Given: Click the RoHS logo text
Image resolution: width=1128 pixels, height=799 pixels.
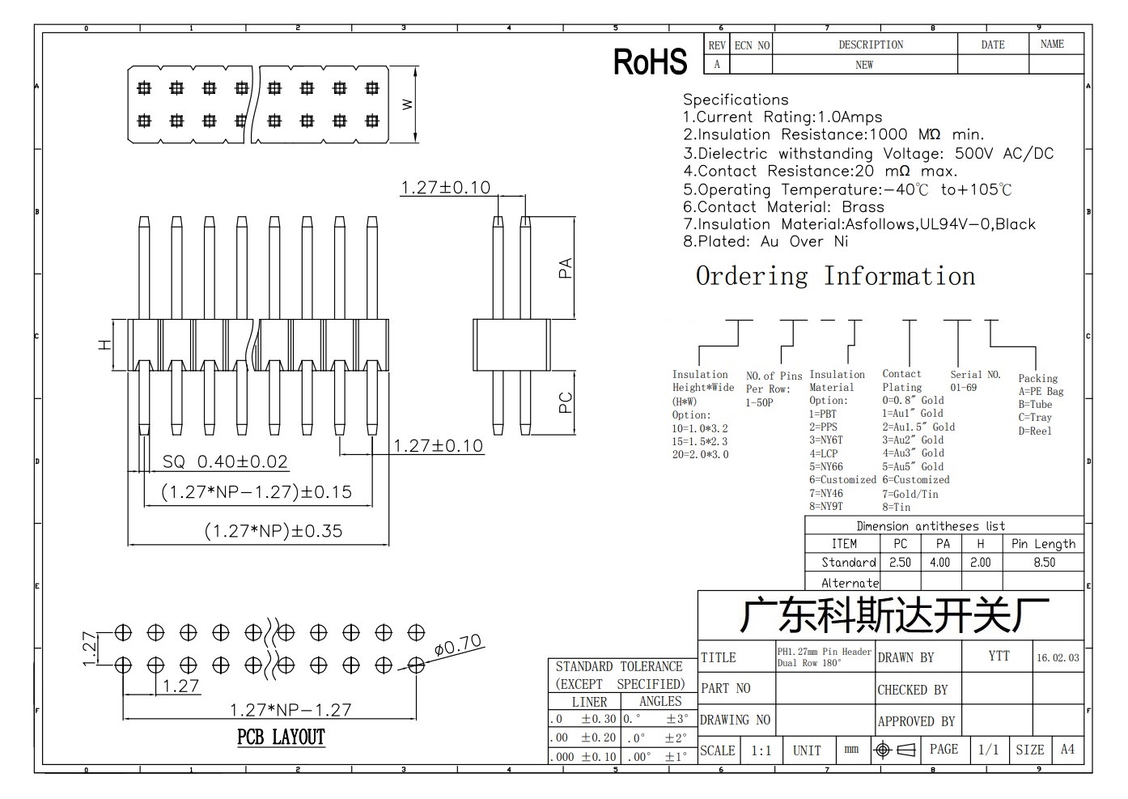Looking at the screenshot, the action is [650, 62].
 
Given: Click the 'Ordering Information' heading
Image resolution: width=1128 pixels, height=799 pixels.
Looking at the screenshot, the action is [835, 276].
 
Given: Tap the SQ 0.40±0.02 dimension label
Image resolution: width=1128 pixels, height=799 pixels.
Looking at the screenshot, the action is [225, 461].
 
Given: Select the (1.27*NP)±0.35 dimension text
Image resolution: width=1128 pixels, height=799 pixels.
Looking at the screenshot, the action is [274, 531].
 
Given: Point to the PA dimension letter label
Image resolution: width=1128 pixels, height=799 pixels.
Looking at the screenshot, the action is [566, 268].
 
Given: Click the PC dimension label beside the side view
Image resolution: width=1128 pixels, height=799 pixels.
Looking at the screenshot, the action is [566, 402].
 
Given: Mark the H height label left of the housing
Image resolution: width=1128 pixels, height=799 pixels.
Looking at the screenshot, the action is [104, 345].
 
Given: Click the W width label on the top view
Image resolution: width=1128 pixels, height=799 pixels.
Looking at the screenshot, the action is [407, 104].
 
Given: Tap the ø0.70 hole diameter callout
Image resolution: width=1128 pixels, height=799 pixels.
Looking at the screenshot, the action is [458, 645].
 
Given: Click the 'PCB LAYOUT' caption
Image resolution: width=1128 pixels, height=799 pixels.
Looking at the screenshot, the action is [281, 737].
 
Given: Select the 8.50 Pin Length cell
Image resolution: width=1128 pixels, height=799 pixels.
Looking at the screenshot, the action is [1045, 563].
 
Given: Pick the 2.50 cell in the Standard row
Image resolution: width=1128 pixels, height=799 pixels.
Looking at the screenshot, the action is [900, 563].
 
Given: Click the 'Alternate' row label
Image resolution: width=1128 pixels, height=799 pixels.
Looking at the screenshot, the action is [850, 583].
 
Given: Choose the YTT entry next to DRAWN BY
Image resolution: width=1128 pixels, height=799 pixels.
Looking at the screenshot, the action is [999, 656].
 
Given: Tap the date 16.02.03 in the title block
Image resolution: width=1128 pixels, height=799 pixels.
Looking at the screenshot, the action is [1058, 657].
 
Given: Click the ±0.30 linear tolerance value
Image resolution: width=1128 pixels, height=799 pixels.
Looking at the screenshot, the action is [599, 719].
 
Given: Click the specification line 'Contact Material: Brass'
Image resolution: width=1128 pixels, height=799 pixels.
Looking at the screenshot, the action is [783, 207].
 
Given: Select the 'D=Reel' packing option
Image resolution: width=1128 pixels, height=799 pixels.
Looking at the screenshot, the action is [1035, 431].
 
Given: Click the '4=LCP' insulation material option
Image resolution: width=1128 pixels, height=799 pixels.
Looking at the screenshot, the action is [823, 453].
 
